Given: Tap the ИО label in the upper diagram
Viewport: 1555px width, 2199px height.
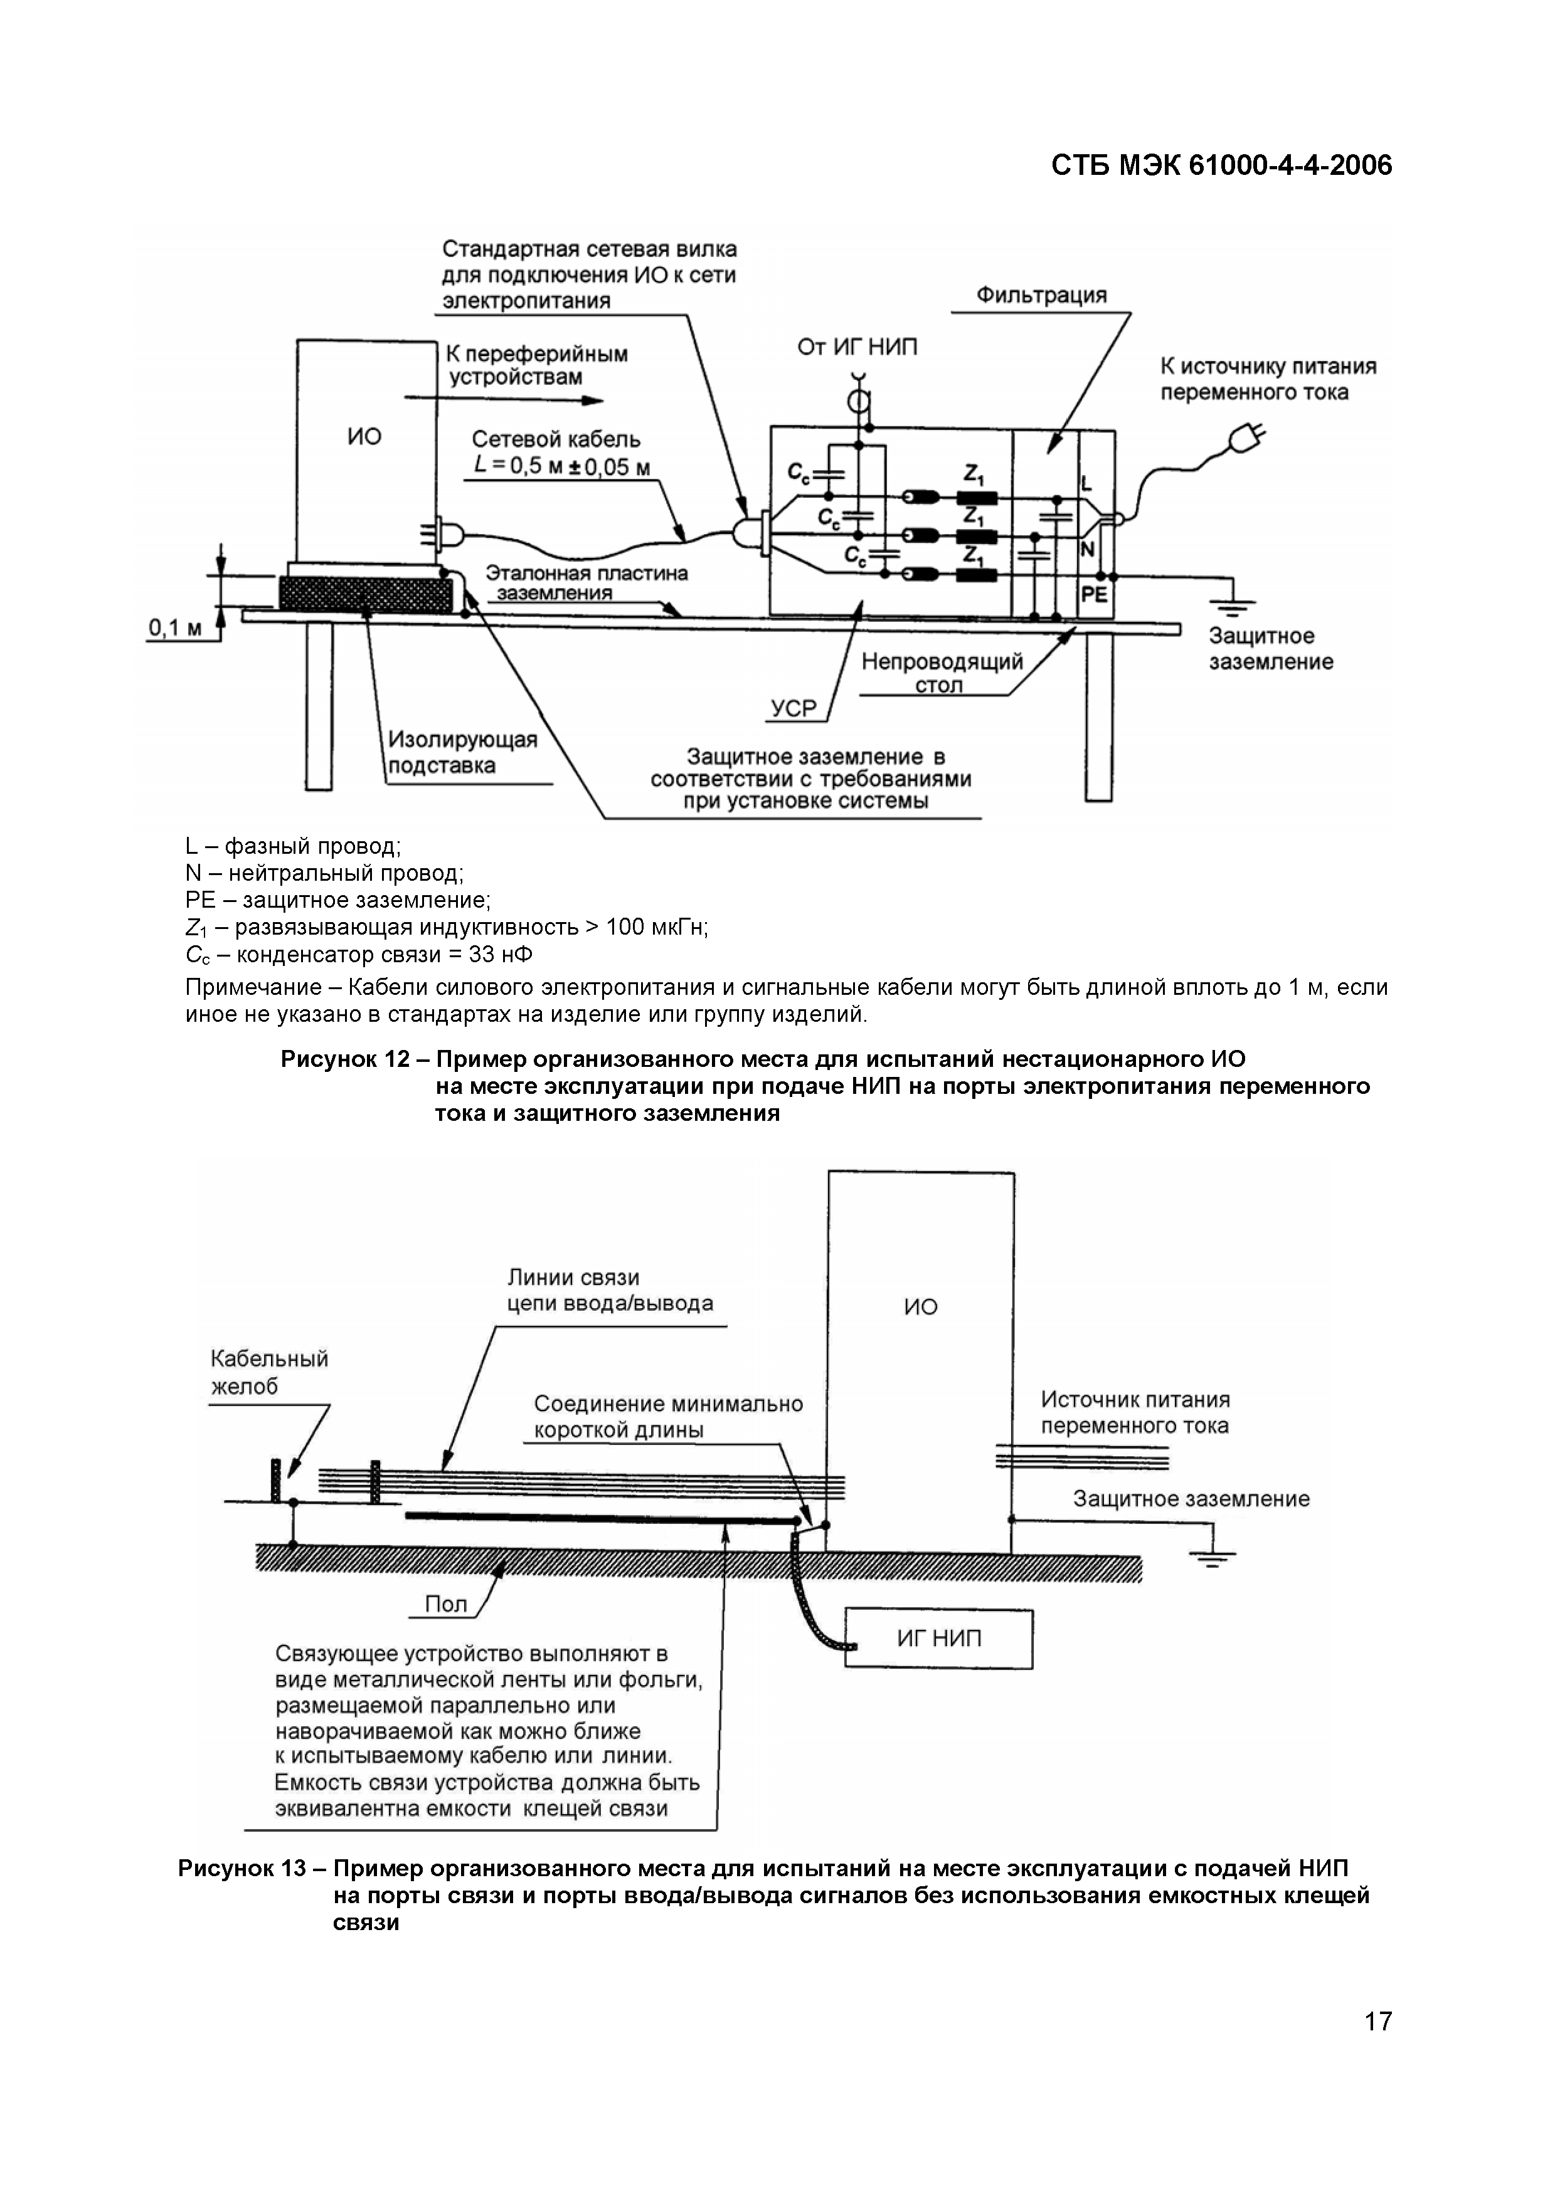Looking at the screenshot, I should point(364,437).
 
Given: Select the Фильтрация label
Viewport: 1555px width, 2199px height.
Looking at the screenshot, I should point(1041,295).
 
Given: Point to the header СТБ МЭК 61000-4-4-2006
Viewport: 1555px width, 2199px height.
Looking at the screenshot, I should point(1221,165).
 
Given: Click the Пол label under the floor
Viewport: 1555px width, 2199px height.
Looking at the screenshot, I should point(445,1604).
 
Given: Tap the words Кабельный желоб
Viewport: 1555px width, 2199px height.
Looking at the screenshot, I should point(269,1372).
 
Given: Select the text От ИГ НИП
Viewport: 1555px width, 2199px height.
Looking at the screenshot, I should point(857,347).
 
